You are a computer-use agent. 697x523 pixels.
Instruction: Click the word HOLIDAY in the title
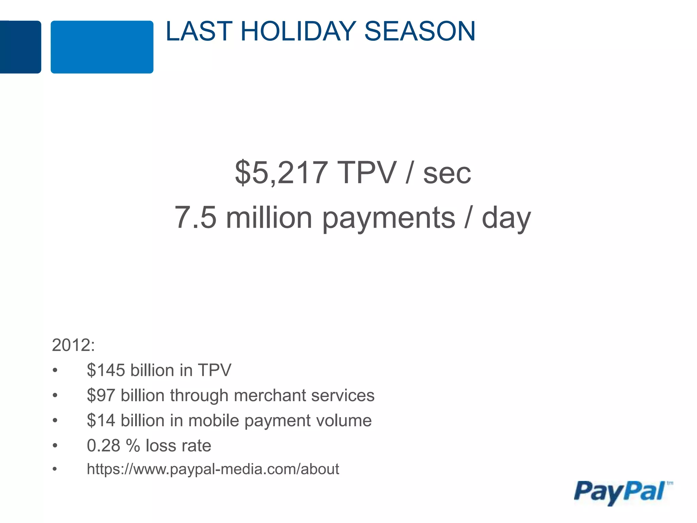click(298, 31)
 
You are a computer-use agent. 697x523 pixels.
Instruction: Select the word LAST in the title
click(199, 31)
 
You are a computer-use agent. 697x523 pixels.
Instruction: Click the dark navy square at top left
click(20, 47)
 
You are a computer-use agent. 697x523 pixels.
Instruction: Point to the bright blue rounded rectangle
click(102, 47)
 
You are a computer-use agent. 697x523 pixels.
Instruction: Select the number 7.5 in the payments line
click(195, 218)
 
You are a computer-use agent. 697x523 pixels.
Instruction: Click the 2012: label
click(73, 345)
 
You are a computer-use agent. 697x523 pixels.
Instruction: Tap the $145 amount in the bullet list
click(106, 370)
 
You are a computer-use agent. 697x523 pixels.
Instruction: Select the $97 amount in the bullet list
click(101, 395)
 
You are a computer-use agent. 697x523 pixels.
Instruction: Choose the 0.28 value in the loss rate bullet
click(103, 446)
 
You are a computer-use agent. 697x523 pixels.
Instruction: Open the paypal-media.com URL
click(213, 469)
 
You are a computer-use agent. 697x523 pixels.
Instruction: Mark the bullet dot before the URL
click(55, 470)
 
